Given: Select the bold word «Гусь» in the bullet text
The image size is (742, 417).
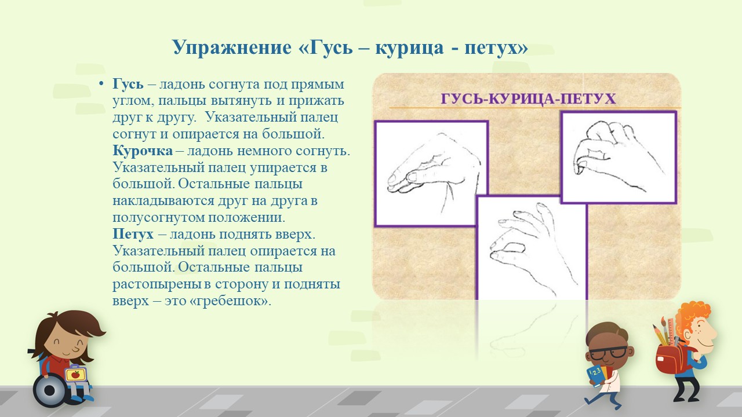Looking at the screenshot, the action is pos(128,85).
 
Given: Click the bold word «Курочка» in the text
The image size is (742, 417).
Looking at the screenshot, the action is pos(143,151).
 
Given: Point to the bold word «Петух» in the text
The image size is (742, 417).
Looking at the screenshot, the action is pos(133,235).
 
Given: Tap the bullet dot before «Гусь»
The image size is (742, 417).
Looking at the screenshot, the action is pos(101,84).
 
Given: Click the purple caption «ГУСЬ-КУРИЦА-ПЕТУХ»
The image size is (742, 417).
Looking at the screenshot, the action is pos(528,99).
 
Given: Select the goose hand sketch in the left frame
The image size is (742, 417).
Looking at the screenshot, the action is pos(434,172).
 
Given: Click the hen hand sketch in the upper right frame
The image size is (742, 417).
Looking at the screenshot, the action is pos(619,156).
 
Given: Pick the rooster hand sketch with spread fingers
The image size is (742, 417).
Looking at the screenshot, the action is pos(533,249).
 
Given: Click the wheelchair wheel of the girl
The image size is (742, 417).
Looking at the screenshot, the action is pos(50,390).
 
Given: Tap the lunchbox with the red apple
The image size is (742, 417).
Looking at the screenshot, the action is pos(76,374).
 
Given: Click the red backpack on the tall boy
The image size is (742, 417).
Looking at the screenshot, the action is pos(671,359).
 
